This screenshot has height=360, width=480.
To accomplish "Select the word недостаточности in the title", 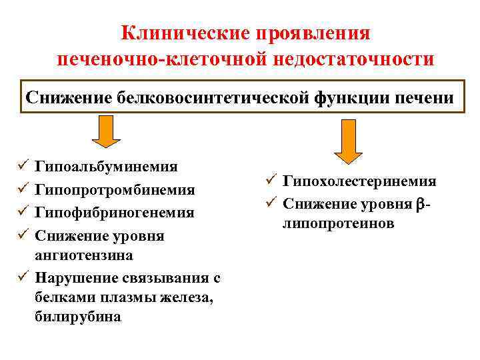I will [353, 59].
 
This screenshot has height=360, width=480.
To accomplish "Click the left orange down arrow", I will [106, 131].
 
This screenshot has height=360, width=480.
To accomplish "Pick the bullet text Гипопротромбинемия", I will [115, 190].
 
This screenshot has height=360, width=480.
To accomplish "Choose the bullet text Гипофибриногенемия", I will [115, 213].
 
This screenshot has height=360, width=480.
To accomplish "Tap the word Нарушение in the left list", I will [76, 277].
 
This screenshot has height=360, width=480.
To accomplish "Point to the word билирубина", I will [78, 317].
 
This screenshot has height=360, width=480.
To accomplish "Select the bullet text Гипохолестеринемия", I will [359, 181].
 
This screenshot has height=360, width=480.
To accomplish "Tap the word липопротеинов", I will [338, 223].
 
